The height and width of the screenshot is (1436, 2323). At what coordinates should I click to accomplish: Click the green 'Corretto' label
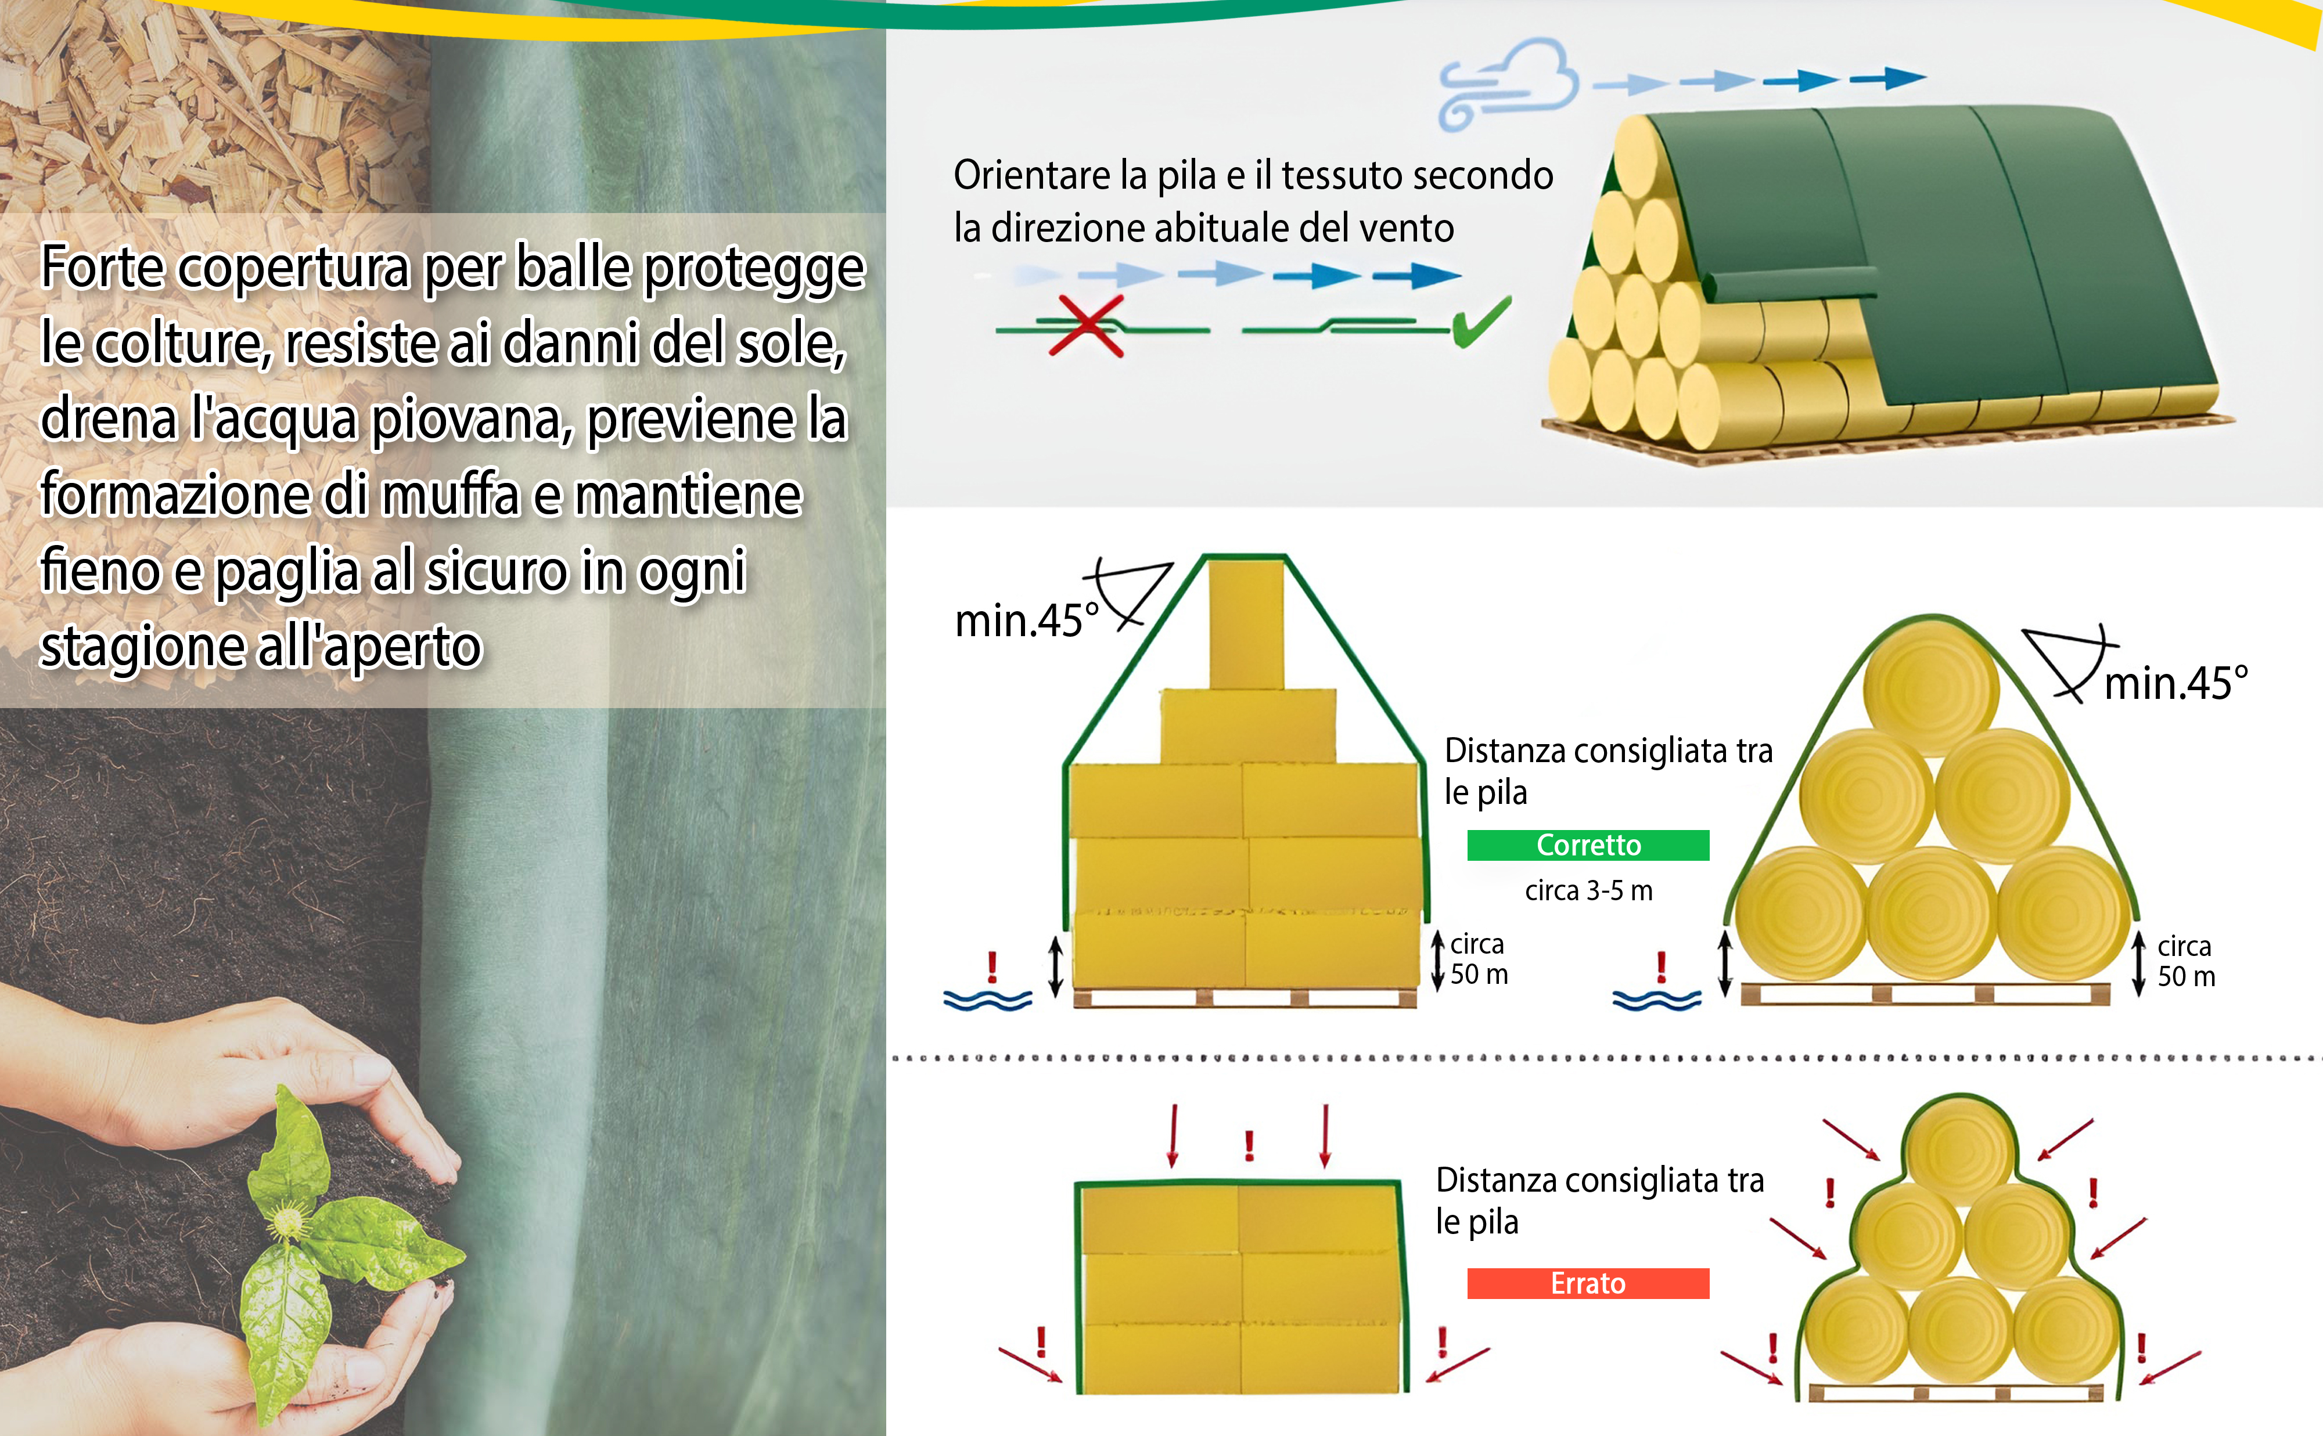tap(1588, 845)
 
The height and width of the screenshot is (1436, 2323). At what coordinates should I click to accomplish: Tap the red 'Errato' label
tap(1588, 1283)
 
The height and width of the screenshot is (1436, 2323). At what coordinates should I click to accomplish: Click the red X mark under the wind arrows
tap(1086, 326)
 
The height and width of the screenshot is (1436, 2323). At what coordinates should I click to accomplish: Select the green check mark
tap(1480, 321)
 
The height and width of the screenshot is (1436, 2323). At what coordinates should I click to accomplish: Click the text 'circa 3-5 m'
tap(1588, 891)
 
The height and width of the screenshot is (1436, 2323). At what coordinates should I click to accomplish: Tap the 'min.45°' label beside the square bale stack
tap(1026, 620)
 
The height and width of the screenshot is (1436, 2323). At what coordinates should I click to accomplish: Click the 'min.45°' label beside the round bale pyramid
tap(2175, 683)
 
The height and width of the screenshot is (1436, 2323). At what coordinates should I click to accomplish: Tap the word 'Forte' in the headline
tap(103, 267)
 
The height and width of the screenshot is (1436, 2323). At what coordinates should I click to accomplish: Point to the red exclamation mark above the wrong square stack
tap(1249, 1145)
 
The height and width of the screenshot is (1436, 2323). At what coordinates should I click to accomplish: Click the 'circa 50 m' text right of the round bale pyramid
tap(2185, 961)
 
